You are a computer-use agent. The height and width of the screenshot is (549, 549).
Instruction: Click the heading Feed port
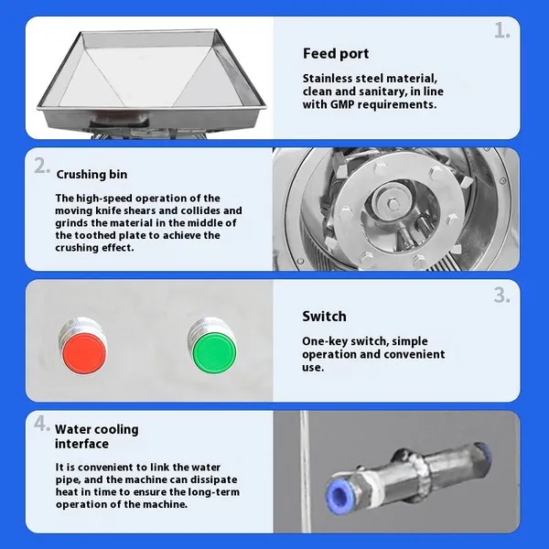(x=336, y=54)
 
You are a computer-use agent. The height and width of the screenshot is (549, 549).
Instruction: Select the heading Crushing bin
(x=91, y=175)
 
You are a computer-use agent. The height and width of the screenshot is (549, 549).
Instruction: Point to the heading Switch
(x=324, y=317)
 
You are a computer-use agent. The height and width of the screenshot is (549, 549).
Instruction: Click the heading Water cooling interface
(x=97, y=436)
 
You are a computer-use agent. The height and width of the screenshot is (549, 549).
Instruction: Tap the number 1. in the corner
(x=502, y=30)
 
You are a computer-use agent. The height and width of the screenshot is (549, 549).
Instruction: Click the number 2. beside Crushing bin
(x=42, y=166)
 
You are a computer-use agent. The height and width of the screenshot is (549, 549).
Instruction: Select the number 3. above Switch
(x=502, y=296)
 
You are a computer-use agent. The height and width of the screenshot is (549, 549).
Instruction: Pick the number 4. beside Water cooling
(x=42, y=424)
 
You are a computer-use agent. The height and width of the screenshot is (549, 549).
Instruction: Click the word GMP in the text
(x=343, y=104)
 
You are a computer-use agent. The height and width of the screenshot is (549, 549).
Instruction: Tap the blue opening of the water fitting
(x=339, y=496)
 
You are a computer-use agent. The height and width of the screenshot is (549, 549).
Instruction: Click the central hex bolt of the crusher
(x=393, y=203)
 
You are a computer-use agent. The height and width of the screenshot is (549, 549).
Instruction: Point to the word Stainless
(x=328, y=78)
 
